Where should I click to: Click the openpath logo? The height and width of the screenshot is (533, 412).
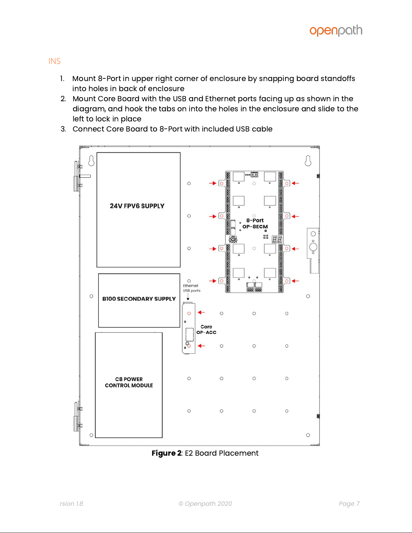336,31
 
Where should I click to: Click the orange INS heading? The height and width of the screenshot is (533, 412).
54,61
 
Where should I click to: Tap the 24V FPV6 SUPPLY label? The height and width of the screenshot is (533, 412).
137,206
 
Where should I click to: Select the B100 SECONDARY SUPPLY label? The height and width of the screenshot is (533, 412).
139,299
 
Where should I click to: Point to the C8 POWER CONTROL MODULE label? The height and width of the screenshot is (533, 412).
129,382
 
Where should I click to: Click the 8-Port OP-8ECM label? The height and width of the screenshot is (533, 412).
255,224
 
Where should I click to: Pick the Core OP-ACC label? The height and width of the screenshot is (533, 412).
206,330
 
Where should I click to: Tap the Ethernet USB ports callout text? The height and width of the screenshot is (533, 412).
191,288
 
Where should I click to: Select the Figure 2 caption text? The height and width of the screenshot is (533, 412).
205,453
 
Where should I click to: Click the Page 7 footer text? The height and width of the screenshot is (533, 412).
349,503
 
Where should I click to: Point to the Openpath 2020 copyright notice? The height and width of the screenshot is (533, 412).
205,503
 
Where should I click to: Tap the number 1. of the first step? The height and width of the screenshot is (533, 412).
62,79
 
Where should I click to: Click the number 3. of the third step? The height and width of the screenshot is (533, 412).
63,129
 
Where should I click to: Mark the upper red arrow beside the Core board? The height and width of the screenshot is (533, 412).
201,312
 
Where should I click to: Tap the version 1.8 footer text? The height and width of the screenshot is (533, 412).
71,503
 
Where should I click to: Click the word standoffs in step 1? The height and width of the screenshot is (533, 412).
338,79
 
